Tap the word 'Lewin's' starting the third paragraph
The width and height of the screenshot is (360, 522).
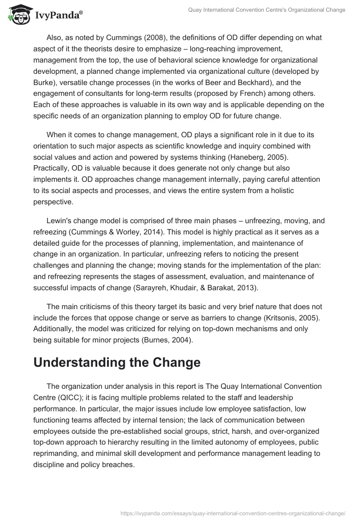[59, 220]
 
